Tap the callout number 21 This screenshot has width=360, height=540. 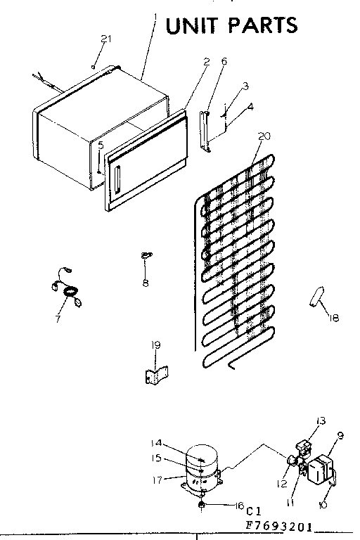pos(105,39)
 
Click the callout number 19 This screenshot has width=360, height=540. pos(156,345)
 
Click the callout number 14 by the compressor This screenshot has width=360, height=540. pos(156,442)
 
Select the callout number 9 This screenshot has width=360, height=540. pos(340,435)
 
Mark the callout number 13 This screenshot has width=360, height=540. pos(321,420)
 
